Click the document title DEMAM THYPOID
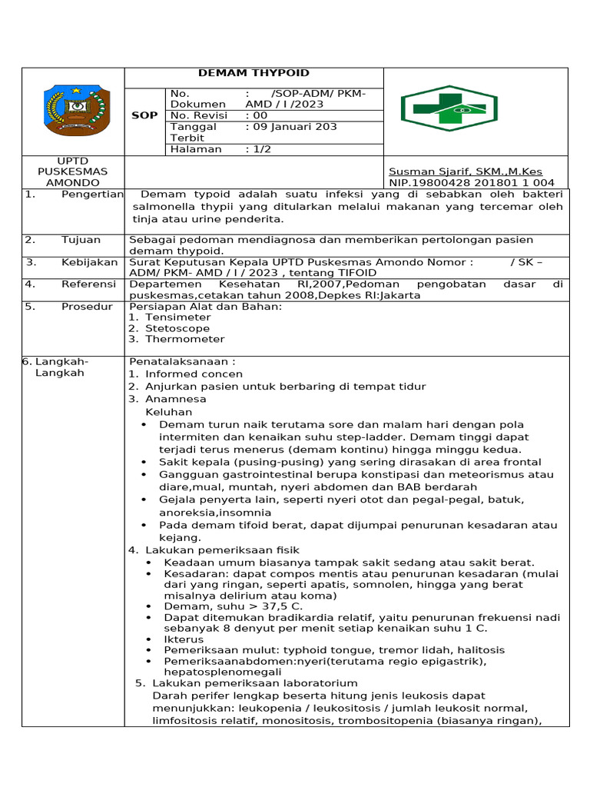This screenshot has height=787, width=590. point(254,73)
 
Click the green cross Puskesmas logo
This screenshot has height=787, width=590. point(449,109)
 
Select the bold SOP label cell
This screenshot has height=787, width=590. point(145,115)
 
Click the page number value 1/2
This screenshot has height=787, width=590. point(261,149)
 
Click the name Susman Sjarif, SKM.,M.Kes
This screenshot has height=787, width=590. point(466,171)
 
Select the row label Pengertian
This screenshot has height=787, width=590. point(92,194)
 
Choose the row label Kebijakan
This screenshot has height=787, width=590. point(89,262)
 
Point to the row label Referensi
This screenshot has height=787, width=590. point(89,284)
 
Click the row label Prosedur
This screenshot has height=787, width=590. point(87,307)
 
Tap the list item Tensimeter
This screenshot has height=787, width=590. point(177,317)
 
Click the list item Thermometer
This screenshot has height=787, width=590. point(184,339)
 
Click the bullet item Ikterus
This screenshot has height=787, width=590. point(184,639)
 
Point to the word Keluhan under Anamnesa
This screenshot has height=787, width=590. point(167,412)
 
